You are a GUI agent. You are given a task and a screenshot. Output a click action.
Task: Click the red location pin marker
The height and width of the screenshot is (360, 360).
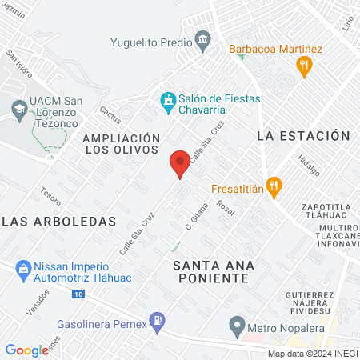tap(180, 164)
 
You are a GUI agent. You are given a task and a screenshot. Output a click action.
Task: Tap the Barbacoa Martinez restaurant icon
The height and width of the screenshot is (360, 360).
tap(303, 66)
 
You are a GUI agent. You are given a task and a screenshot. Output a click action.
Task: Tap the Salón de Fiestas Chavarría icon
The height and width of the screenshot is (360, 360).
tap(168, 100)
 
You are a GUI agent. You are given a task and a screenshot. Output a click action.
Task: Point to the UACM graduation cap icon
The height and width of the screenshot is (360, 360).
tap(18, 108)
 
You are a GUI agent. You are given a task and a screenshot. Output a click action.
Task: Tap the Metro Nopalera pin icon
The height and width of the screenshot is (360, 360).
tap(236, 325)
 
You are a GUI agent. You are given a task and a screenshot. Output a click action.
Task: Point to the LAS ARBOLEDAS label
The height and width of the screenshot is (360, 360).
tap(60, 221)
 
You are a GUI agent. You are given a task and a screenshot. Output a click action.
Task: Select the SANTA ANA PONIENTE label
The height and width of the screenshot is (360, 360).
tap(211, 270)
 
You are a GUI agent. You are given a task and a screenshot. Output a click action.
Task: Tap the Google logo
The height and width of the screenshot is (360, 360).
tap(26, 350)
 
